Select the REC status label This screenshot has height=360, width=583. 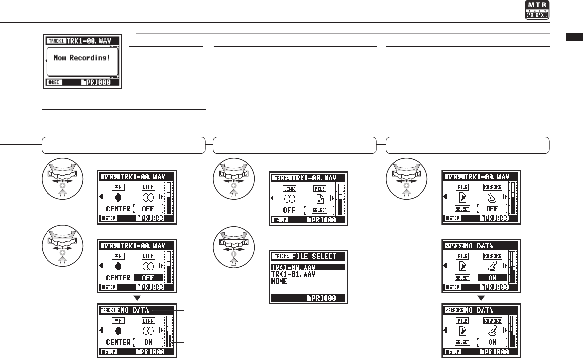54,83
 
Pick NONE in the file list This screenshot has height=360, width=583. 279,281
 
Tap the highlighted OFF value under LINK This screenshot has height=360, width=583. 149,277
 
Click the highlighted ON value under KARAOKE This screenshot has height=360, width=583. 492,277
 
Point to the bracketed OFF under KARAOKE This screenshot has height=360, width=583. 492,209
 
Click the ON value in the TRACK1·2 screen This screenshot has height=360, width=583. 149,342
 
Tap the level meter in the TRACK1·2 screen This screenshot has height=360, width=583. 169,331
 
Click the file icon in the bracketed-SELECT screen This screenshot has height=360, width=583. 320,198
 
